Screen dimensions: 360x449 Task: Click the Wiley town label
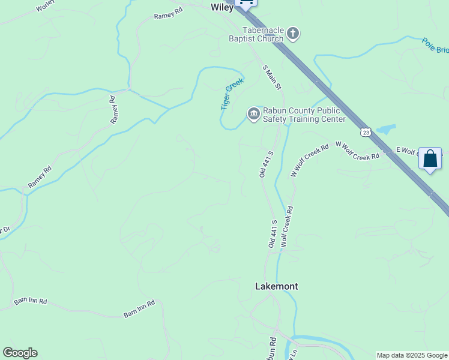(221, 8)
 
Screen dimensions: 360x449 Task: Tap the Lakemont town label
(276, 286)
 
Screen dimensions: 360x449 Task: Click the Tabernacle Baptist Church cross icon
(292, 34)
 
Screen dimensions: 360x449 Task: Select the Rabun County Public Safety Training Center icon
(253, 114)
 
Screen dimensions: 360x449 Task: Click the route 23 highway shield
(366, 131)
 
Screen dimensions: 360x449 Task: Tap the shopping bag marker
(430, 159)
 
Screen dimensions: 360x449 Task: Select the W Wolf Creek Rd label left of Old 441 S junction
(310, 160)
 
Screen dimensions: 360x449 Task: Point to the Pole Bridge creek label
(435, 46)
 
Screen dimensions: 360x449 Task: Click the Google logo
(20, 353)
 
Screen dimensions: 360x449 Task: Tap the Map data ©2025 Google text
(411, 355)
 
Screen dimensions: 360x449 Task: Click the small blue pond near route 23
(386, 129)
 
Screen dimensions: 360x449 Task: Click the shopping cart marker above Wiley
(246, 2)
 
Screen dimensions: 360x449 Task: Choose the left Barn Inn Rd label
(30, 301)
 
